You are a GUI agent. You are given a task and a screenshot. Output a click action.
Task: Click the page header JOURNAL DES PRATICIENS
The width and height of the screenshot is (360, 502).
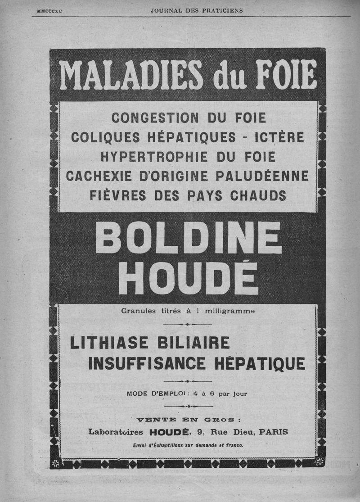pos(197,10)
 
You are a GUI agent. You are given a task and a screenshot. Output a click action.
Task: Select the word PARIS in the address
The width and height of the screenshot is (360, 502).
pos(274,432)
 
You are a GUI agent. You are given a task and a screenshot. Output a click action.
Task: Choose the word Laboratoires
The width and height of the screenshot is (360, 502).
pos(116,432)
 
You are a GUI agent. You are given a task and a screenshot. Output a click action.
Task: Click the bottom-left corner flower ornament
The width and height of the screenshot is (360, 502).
pos(56,463)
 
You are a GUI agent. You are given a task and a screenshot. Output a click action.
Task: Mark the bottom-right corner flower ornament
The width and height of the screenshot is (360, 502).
pos(319,462)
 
